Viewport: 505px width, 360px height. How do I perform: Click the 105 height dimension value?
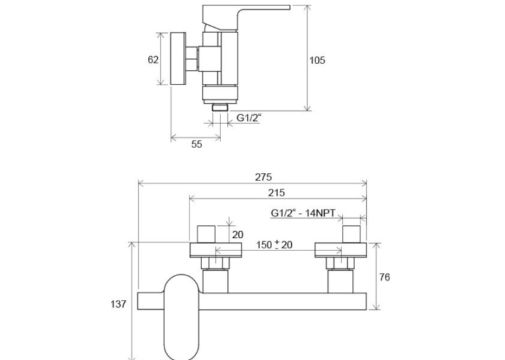318,60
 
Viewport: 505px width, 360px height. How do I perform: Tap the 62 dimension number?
153,59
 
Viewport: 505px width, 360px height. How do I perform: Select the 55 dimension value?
197,144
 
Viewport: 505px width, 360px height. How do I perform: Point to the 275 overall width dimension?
263,177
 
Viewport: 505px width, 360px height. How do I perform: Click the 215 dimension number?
277,193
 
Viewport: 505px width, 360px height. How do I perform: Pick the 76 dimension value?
385,277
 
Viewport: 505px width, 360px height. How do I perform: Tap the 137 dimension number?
118,304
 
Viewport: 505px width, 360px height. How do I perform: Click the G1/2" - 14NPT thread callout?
303,213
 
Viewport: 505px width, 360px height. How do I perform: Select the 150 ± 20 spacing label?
275,245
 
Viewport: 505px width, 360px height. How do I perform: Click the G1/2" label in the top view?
249,118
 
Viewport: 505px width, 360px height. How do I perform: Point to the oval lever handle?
182,317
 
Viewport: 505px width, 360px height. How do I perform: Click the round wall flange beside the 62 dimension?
178,59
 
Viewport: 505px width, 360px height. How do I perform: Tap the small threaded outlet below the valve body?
220,107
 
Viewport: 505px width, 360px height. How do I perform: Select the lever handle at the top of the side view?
246,18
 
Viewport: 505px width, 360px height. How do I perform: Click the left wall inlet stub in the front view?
206,234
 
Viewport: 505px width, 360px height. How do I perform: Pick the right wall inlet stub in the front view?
351,234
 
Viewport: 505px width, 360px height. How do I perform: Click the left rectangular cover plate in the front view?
215,250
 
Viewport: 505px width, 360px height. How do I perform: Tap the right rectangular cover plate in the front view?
341,250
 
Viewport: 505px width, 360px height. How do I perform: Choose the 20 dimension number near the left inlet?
238,234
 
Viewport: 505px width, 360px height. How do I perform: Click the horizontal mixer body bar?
283,301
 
